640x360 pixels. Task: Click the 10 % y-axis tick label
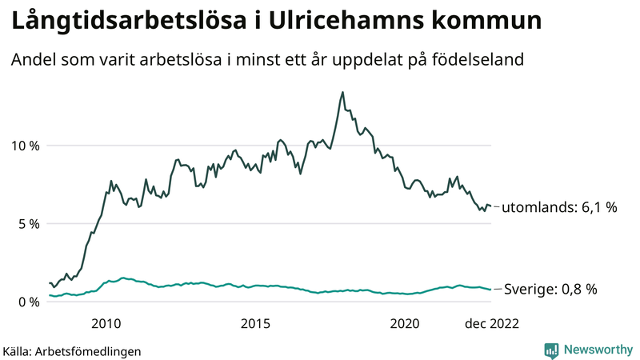click(x=24, y=146)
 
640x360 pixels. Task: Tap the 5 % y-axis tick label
click(x=28, y=224)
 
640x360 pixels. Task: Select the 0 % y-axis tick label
click(x=28, y=302)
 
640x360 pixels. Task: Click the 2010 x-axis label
click(x=106, y=323)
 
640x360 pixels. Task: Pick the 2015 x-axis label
click(x=255, y=323)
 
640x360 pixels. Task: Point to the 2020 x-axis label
click(x=404, y=323)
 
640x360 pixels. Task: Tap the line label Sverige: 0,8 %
click(x=551, y=289)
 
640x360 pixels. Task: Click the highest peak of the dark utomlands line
click(x=342, y=92)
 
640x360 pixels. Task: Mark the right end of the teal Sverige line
click(x=490, y=289)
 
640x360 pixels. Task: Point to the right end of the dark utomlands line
click(x=490, y=206)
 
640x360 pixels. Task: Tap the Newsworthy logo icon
click(x=551, y=350)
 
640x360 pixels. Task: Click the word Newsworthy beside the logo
click(x=597, y=350)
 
